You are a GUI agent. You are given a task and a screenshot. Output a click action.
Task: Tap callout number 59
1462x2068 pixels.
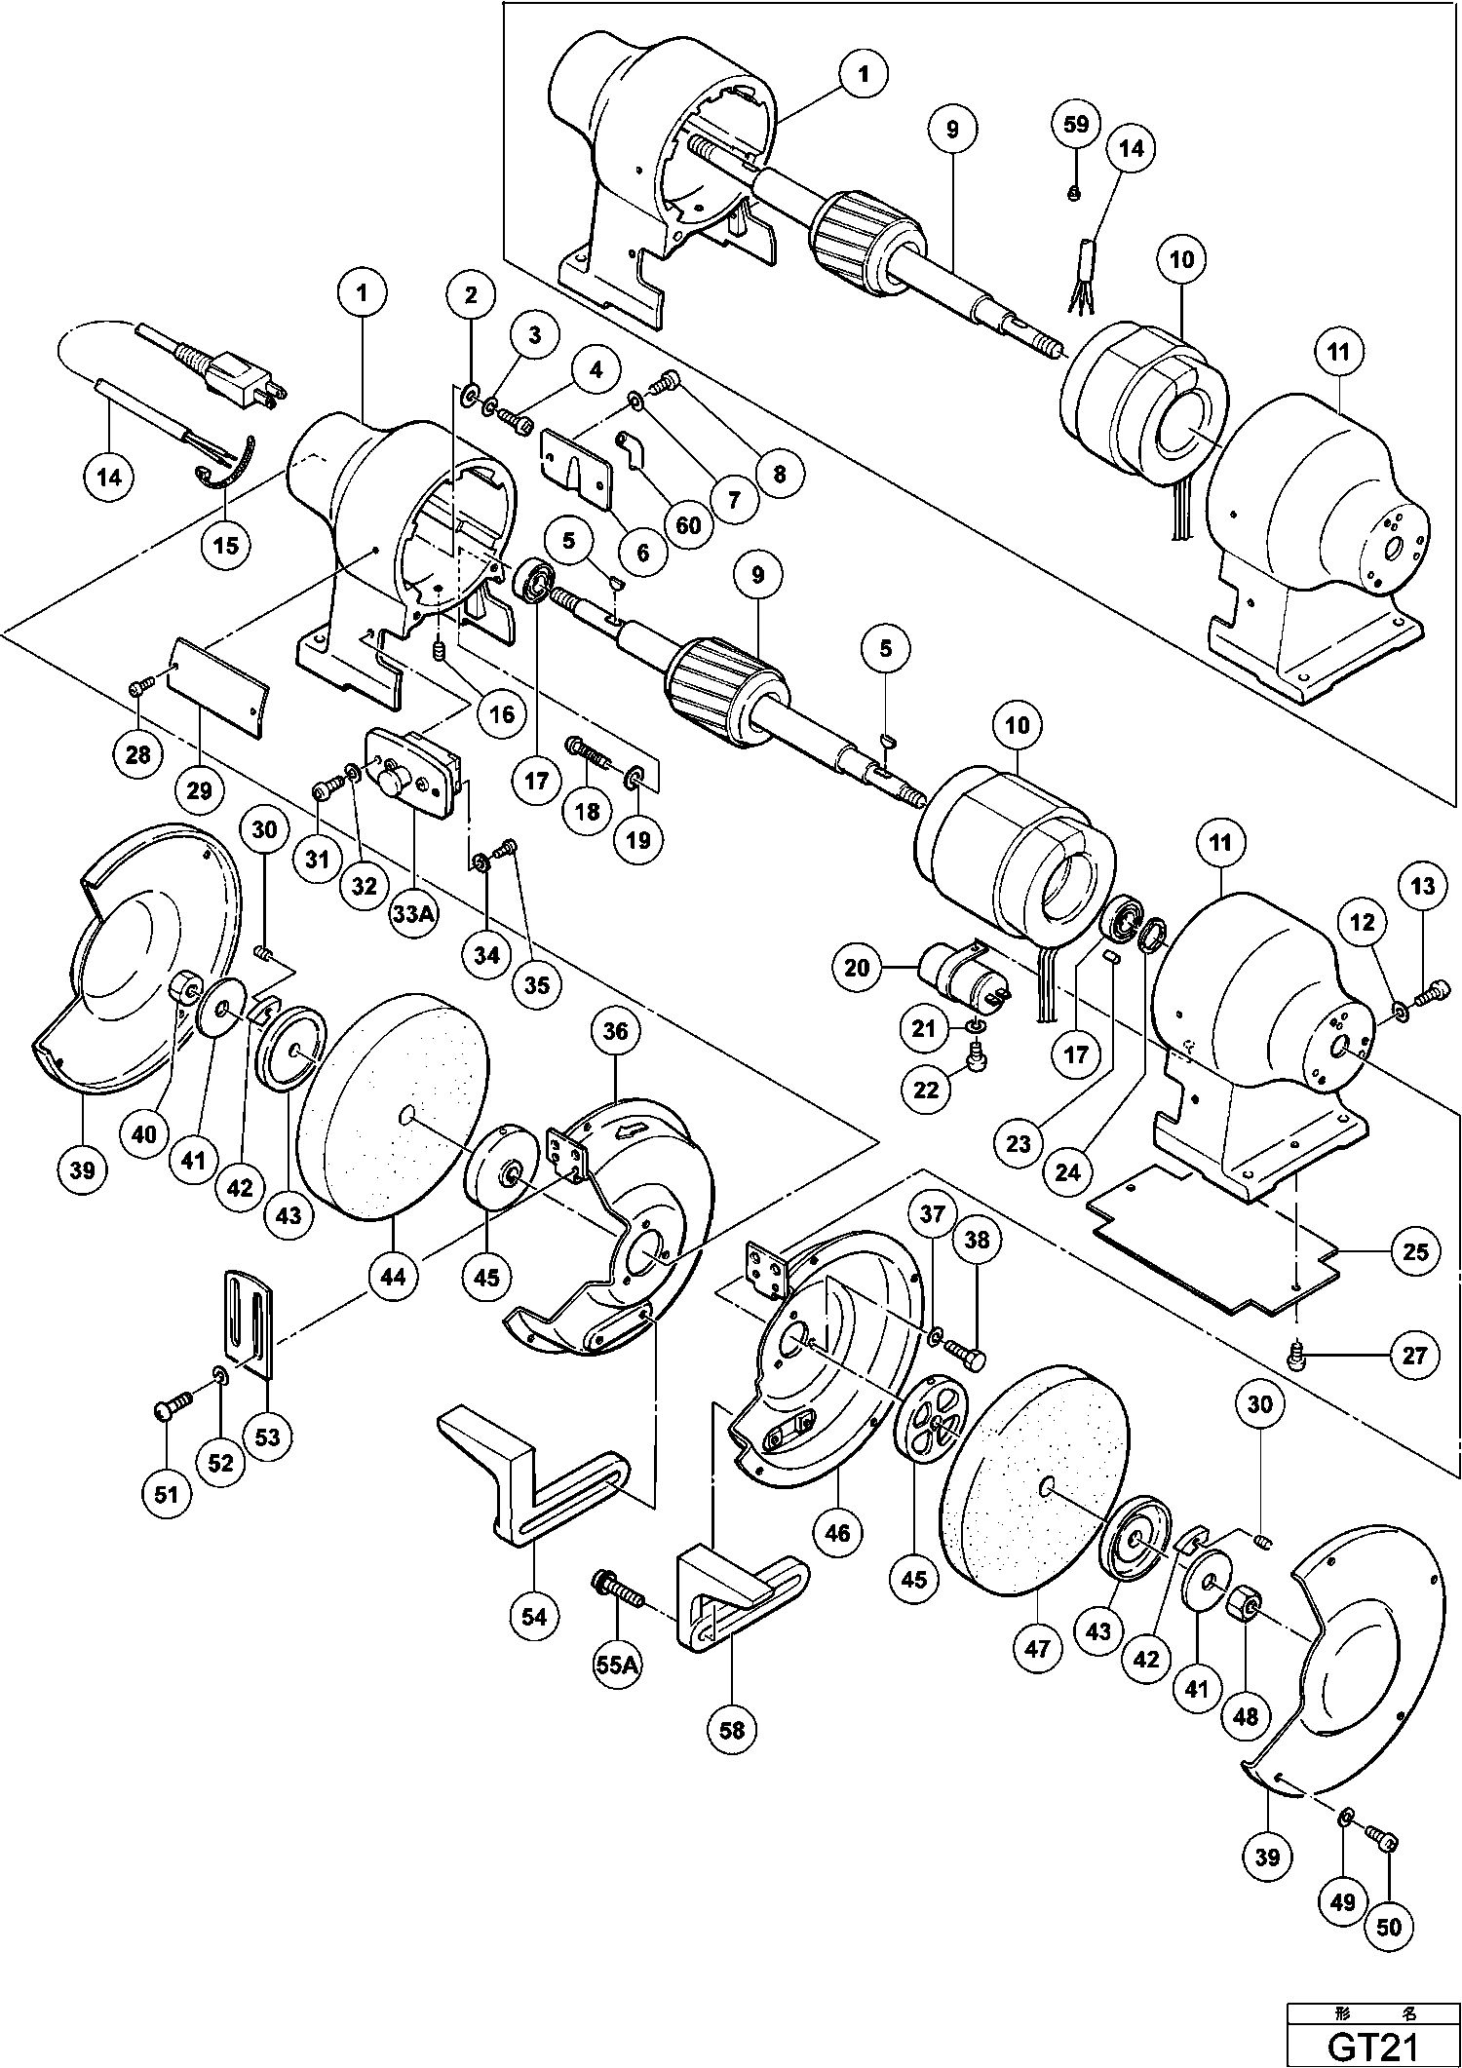click(x=1075, y=126)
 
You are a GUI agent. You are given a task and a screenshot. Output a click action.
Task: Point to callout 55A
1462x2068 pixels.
click(x=617, y=1666)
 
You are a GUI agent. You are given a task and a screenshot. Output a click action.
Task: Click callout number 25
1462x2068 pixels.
click(x=1414, y=1250)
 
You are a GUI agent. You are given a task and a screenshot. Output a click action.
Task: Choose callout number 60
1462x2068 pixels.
click(x=688, y=525)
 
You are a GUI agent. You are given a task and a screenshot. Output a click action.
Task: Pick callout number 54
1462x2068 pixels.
click(x=533, y=1617)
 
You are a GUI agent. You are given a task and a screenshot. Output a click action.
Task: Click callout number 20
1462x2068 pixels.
click(x=857, y=968)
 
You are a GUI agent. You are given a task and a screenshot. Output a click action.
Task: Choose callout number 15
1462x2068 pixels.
click(x=225, y=545)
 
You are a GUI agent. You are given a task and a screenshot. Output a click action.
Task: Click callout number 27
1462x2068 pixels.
click(x=1414, y=1355)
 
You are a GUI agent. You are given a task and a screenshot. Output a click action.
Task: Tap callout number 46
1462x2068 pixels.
click(x=837, y=1533)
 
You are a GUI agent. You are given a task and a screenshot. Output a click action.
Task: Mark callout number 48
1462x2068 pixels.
click(x=1246, y=1716)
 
